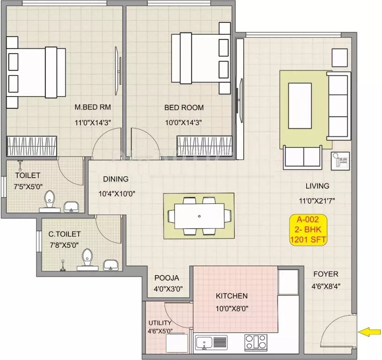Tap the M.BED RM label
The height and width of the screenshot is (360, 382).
coord(93,107)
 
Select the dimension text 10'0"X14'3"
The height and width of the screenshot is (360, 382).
coord(184,123)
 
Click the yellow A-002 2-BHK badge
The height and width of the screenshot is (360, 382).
coord(308,229)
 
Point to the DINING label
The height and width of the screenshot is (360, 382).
coord(116,179)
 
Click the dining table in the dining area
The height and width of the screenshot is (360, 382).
coord(199,216)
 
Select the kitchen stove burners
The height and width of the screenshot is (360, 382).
coord(255,342)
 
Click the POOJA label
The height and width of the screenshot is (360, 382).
coord(167,278)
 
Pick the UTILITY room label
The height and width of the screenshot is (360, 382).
coord(160,323)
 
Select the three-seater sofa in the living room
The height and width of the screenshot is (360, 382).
coord(339,106)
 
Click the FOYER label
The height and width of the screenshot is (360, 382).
coord(325,274)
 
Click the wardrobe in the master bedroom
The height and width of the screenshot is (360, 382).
coord(31,145)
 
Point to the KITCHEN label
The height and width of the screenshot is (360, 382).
coord(231,296)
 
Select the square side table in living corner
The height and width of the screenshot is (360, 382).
coord(340,57)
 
